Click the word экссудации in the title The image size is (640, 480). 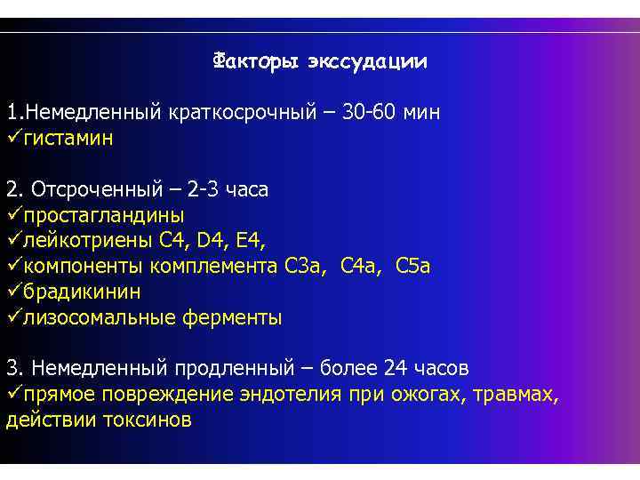(x=367, y=62)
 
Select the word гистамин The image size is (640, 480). (x=68, y=139)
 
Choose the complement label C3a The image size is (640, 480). (x=305, y=266)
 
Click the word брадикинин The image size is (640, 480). (x=82, y=292)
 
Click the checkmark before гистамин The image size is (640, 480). (x=14, y=139)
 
